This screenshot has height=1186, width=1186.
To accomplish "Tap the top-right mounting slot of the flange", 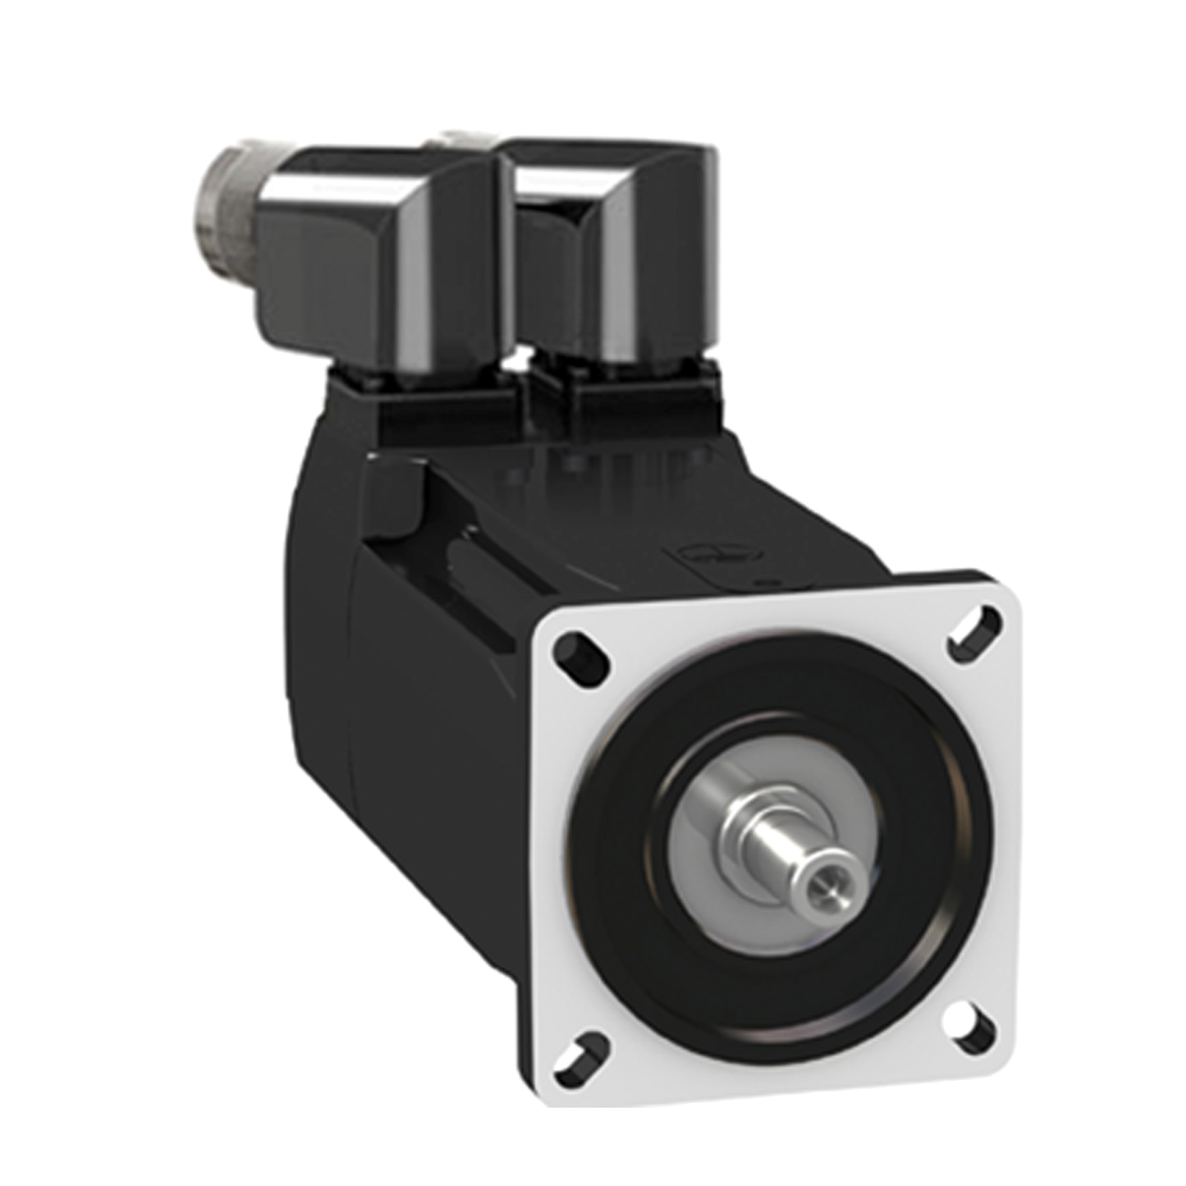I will coord(973,629).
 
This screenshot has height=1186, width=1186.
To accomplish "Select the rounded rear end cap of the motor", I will coord(316,624).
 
